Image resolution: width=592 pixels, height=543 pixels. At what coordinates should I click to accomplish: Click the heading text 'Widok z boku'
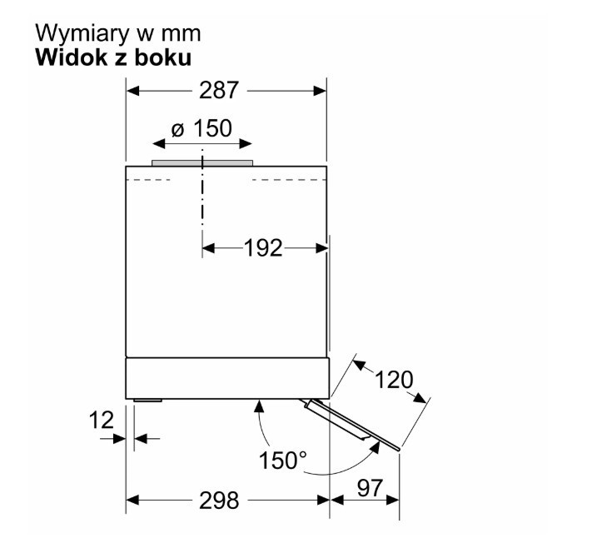113,58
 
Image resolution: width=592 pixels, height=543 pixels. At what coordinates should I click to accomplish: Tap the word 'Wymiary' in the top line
82,34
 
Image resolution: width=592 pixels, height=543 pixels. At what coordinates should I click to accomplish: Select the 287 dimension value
219,91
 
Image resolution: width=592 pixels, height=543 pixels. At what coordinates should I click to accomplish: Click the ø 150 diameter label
201,128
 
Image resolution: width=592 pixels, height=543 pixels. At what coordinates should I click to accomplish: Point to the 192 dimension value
263,248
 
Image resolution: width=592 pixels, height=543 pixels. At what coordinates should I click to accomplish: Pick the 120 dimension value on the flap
394,380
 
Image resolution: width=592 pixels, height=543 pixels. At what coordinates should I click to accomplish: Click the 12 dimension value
102,421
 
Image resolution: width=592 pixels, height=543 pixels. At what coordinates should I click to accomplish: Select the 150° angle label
283,461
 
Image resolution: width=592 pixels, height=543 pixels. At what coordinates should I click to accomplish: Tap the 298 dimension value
219,501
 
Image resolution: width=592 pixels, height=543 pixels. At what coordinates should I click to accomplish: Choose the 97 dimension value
370,488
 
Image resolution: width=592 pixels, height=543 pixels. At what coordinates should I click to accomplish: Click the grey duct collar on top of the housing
202,162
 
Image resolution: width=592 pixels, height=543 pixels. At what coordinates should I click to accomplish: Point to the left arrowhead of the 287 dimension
133,91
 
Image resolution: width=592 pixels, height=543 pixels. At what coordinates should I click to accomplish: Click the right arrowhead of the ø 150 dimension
246,143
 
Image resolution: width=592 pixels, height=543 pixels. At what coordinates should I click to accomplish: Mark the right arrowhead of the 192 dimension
321,248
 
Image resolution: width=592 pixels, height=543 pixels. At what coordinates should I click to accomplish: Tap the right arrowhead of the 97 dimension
393,501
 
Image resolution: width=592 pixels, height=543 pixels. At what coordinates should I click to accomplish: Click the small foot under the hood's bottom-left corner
147,400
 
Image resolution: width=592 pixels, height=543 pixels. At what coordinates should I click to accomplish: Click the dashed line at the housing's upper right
289,180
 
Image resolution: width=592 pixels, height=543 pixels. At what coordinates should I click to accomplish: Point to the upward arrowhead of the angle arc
259,406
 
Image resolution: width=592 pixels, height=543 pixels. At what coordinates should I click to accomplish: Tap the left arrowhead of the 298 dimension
133,501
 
